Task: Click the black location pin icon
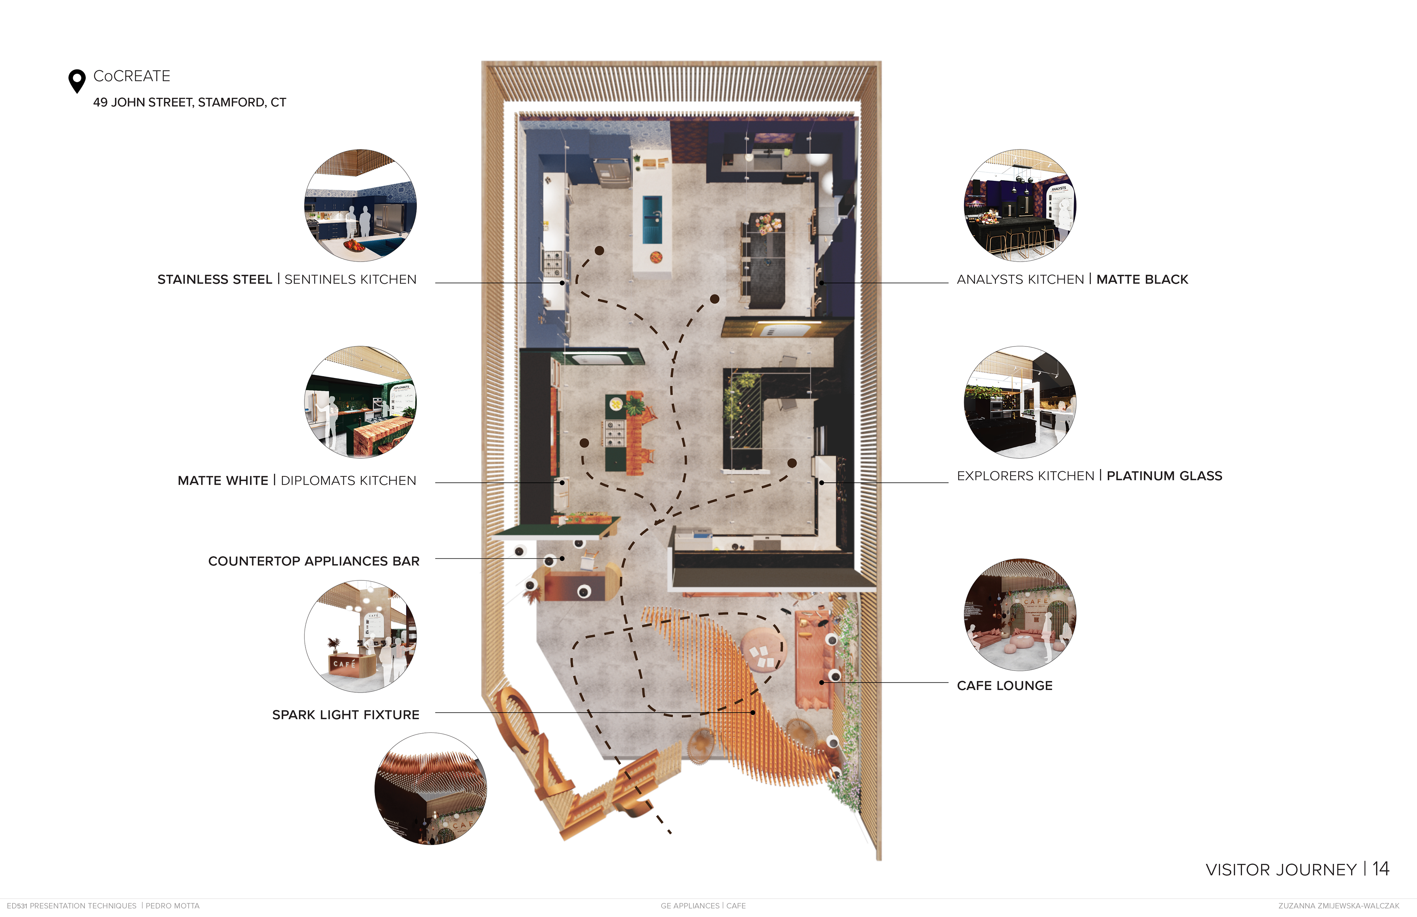point(77,80)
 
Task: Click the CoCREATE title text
point(132,76)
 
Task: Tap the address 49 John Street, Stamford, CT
point(189,103)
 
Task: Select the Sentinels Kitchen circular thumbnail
point(360,206)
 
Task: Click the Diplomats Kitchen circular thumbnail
point(360,403)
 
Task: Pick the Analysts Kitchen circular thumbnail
point(1020,206)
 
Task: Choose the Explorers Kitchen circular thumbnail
point(1020,403)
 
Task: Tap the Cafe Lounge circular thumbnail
point(1020,614)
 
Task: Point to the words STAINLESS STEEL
point(214,279)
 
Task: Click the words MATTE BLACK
point(1142,279)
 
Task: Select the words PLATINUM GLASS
point(1164,476)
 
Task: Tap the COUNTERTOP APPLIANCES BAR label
point(314,561)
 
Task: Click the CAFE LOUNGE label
point(1004,685)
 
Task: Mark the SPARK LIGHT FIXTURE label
point(345,714)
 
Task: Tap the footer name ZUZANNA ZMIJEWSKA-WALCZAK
point(1338,906)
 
